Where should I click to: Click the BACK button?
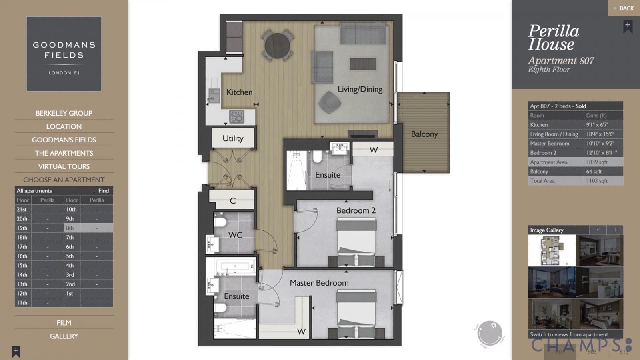click(624, 8)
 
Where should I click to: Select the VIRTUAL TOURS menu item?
click(64, 166)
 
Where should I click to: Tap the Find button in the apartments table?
click(104, 191)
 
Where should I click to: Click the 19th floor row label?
click(22, 228)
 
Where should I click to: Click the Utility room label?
click(233, 138)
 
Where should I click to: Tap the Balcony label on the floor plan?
click(424, 134)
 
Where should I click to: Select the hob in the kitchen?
click(236, 116)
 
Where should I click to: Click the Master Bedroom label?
click(319, 283)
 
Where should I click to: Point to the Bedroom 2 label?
click(356, 210)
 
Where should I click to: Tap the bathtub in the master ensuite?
click(235, 266)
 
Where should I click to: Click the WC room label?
click(235, 235)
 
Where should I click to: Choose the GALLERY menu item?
click(64, 336)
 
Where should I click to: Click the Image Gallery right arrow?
click(615, 230)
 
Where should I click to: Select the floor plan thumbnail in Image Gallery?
click(552, 250)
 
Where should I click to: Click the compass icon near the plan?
click(490, 333)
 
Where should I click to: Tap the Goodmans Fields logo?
click(64, 54)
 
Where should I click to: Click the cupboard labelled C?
click(232, 200)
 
